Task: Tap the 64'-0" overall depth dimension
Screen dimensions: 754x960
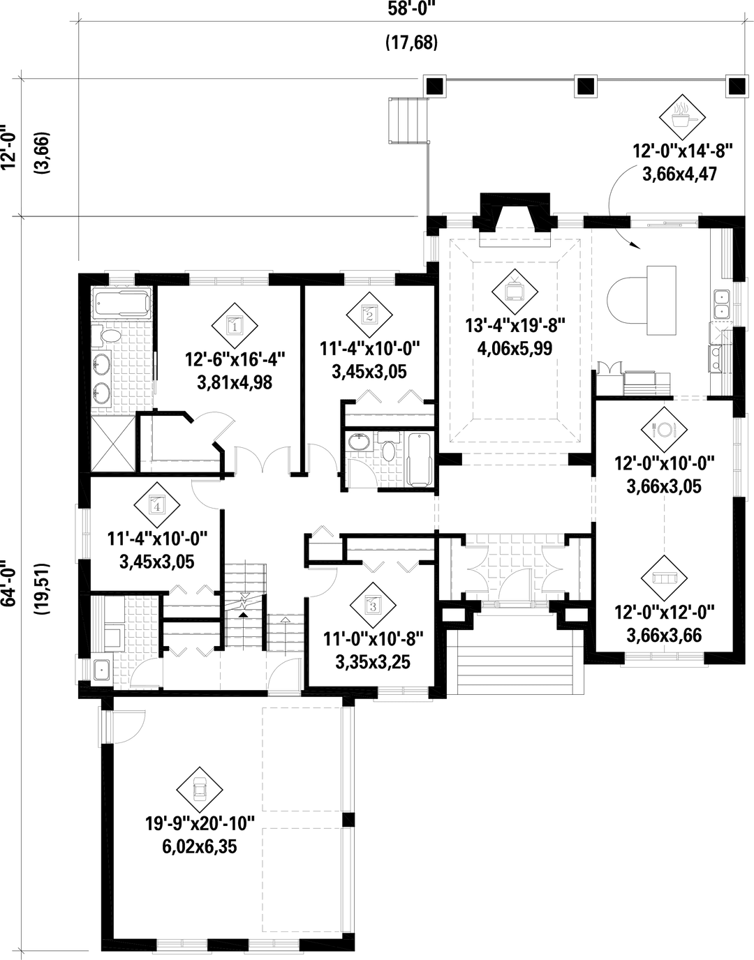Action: (9, 583)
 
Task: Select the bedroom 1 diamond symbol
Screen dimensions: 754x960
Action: (235, 326)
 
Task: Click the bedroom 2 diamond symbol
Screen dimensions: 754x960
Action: (369, 315)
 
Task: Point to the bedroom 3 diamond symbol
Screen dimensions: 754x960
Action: (373, 606)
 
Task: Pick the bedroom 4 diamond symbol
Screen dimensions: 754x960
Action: (157, 505)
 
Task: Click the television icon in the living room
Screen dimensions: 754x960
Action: (515, 292)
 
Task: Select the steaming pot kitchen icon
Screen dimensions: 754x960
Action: (682, 117)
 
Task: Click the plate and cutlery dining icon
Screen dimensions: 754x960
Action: (664, 429)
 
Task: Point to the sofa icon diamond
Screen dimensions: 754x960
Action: (664, 578)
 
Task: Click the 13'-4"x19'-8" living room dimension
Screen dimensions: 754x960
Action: (515, 326)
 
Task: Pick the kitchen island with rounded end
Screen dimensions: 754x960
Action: (642, 300)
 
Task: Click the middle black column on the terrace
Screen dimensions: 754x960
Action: (586, 86)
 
